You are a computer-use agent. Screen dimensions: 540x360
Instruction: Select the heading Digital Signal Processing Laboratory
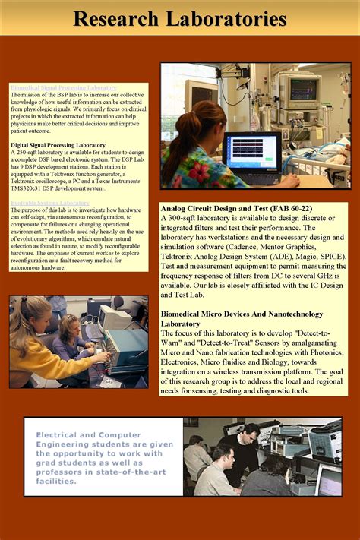pos(58,144)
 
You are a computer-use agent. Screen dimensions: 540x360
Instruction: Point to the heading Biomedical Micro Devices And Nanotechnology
pos(242,314)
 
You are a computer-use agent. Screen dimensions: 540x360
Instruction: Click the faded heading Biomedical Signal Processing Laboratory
pos(64,87)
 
